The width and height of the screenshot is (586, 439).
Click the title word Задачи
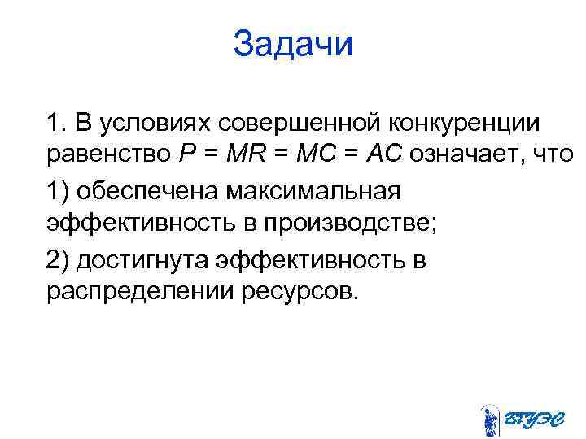point(293,43)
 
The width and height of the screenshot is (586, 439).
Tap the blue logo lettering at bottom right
point(531,420)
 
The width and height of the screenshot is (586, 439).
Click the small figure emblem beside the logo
point(490,420)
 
